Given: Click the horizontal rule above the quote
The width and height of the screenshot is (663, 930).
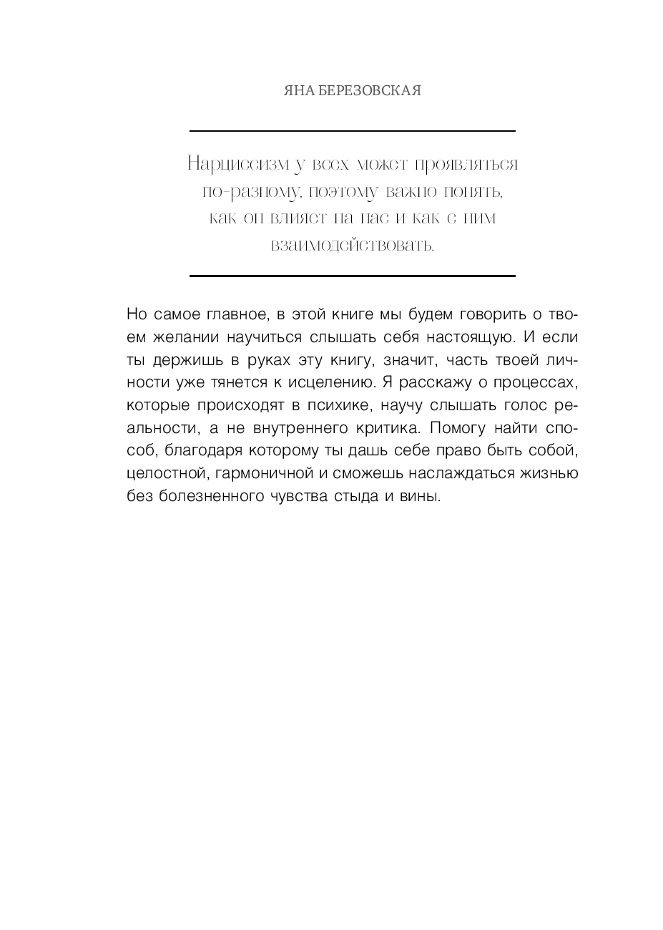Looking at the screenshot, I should tap(352, 131).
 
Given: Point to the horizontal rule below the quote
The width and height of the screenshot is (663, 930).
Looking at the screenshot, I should tap(352, 276).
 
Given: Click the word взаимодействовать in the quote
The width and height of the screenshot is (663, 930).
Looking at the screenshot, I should tap(352, 246).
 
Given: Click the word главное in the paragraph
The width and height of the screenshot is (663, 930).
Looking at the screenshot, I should tap(235, 314).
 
